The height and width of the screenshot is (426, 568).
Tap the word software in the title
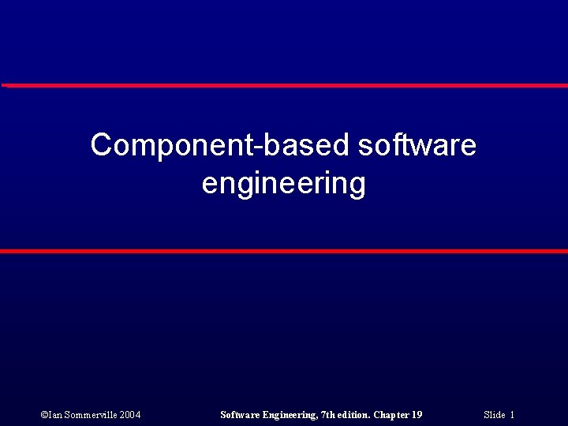click(417, 146)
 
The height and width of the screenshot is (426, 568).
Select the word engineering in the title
click(284, 184)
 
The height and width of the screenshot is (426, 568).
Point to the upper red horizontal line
click(284, 85)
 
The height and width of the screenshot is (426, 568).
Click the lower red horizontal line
click(284, 251)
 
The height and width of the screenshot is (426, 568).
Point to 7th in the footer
click(329, 415)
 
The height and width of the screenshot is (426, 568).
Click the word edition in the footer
click(353, 415)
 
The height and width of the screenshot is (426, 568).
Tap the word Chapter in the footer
click(391, 415)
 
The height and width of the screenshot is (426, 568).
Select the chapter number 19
click(417, 415)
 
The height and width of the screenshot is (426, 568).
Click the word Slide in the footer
click(495, 415)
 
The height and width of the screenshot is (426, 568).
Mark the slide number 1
click(512, 415)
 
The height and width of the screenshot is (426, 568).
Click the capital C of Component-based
click(100, 146)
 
